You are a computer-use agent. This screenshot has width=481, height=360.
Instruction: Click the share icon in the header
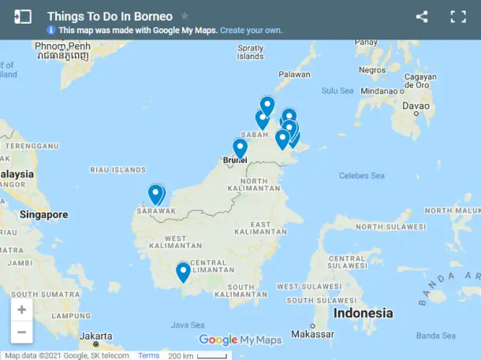(422, 16)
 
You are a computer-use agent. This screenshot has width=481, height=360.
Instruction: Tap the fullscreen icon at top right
(458, 16)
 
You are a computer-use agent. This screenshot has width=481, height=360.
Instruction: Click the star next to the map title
(185, 16)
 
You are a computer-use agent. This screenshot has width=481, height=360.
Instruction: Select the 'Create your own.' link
(251, 30)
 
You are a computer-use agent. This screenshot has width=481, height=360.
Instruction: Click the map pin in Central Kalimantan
(183, 272)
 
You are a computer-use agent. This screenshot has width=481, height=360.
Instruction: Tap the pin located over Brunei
(240, 148)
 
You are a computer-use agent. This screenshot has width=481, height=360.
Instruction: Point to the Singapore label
(44, 214)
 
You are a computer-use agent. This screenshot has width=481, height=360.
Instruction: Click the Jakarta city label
(95, 335)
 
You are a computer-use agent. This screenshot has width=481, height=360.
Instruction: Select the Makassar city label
(313, 334)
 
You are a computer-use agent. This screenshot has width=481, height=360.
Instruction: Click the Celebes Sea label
(361, 176)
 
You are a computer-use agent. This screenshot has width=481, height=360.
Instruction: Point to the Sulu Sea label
(337, 91)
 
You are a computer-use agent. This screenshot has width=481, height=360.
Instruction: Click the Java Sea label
(187, 325)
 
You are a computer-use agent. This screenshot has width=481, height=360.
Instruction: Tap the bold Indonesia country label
(363, 313)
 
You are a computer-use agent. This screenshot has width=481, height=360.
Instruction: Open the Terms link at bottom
(148, 355)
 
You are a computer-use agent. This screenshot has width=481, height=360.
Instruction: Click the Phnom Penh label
(63, 46)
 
